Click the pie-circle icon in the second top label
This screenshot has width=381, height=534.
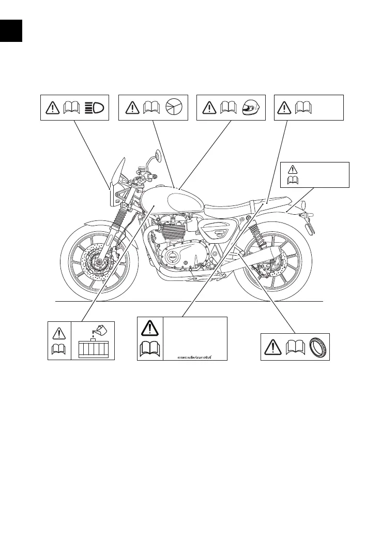(x=174, y=108)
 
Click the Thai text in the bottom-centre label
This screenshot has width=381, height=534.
(x=194, y=357)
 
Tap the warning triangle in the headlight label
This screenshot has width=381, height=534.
(x=52, y=108)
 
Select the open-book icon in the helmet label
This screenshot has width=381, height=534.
(x=228, y=108)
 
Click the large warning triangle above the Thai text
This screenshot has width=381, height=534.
(x=149, y=328)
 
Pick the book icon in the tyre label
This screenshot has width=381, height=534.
(x=294, y=348)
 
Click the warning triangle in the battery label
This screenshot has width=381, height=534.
(x=58, y=332)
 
